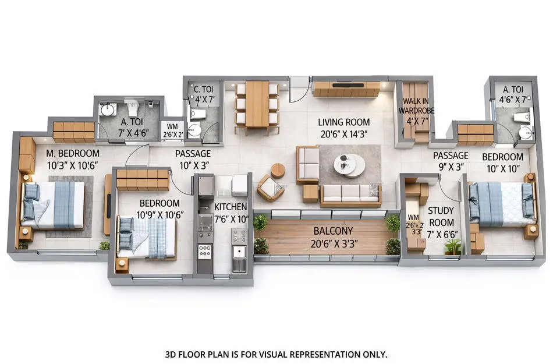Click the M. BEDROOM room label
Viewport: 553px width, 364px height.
(72, 154)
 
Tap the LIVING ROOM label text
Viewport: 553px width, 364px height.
(343, 122)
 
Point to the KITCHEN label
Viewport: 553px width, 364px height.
(231, 207)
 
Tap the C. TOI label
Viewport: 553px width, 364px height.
(204, 89)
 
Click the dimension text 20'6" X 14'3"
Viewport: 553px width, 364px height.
(343, 135)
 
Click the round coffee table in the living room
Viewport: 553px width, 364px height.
(352, 164)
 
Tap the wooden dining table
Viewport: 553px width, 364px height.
(257, 103)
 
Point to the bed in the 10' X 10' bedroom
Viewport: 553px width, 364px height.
(501, 203)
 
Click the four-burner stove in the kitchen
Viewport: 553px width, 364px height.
(205, 252)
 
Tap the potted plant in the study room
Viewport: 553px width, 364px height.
(452, 247)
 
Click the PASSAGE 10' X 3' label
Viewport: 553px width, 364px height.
(193, 160)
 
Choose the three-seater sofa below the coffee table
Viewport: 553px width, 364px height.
(350, 195)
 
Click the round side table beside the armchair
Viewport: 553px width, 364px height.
(278, 170)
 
